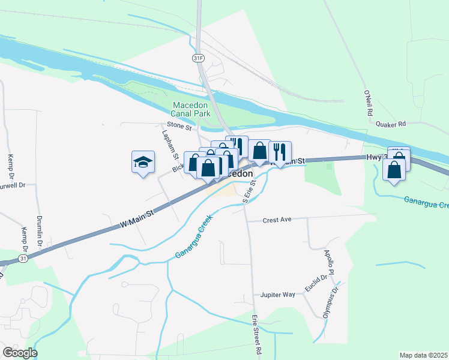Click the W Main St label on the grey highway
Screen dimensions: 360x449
[137, 217]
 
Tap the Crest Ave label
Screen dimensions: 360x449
[277, 220]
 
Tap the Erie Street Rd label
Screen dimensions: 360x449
[257, 334]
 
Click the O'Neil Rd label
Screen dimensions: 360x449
[369, 104]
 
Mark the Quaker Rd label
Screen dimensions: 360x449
[391, 124]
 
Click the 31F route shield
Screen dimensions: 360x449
[198, 58]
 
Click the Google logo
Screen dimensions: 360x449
[20, 353]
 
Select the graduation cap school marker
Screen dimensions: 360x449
[143, 162]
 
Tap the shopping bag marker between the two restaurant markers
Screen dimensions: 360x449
[259, 151]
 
